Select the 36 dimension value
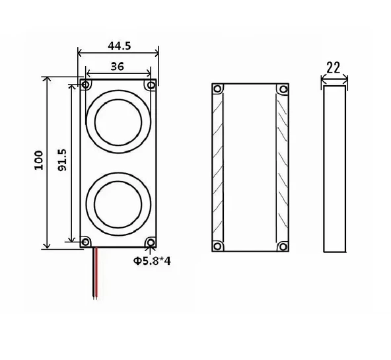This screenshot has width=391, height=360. [x=118, y=66]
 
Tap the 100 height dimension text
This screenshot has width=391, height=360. [x=39, y=161]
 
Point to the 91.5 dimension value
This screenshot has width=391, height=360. [x=61, y=161]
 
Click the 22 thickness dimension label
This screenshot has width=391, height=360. [x=334, y=67]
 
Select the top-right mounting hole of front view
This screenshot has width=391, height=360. [x=151, y=85]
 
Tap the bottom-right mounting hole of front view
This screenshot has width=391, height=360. [x=151, y=242]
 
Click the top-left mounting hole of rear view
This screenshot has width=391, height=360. [x=218, y=89]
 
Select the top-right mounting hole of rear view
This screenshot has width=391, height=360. [x=283, y=89]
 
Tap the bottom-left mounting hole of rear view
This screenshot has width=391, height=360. [x=218, y=247]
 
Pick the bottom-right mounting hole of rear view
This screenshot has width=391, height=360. [x=283, y=247]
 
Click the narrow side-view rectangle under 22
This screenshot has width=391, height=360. [x=335, y=168]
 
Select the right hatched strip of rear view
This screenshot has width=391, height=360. [x=281, y=168]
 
